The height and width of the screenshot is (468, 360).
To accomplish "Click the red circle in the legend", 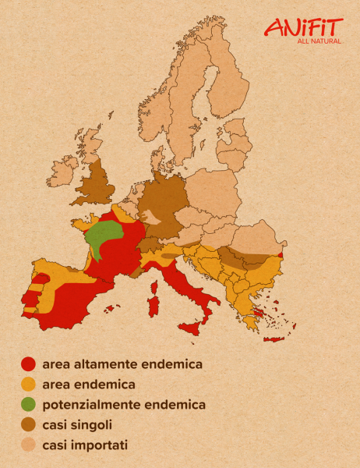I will [x=29, y=363].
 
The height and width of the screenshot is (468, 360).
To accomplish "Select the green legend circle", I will [x=29, y=404].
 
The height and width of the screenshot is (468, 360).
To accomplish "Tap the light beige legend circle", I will [x=29, y=445].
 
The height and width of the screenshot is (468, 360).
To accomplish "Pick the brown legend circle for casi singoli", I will [x=29, y=424].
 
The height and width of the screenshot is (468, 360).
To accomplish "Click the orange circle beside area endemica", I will [x=29, y=384].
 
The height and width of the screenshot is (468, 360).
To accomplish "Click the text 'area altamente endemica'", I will [x=122, y=363].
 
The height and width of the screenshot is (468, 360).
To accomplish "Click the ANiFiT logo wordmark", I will [x=304, y=28].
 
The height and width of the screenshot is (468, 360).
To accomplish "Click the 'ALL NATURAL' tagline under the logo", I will [x=319, y=41].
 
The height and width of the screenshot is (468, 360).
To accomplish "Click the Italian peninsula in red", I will [x=187, y=289].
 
